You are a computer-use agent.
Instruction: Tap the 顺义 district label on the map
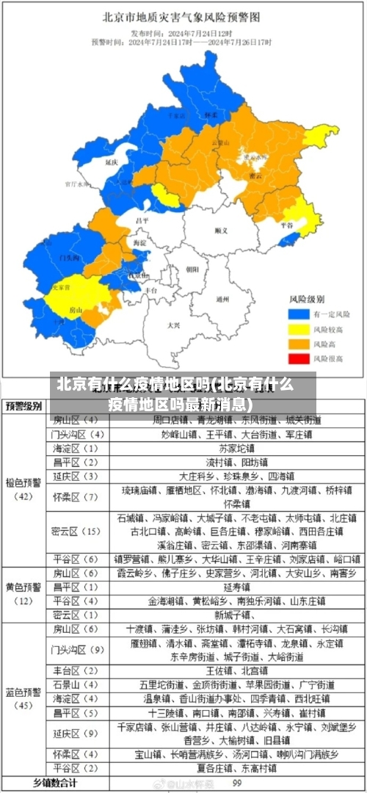[x=221, y=231]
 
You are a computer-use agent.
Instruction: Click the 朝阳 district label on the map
[x=192, y=269]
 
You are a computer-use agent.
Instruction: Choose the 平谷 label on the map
[x=287, y=225]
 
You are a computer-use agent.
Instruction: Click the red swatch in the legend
[x=297, y=358]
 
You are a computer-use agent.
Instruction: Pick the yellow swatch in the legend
[x=297, y=329]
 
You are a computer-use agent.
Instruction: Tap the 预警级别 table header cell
[x=24, y=406]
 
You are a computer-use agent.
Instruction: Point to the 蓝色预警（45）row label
[x=24, y=698]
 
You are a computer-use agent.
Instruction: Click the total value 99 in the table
[x=237, y=783]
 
